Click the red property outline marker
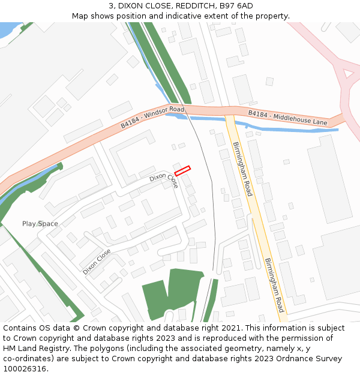(182, 171)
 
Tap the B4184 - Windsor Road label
(152, 117)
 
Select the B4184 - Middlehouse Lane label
(288, 118)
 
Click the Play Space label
(40, 224)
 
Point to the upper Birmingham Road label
(242, 170)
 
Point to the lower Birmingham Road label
(275, 285)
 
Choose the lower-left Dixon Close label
(97, 262)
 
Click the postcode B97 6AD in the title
(236, 6)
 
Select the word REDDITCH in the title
(189, 6)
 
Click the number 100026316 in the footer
(25, 368)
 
